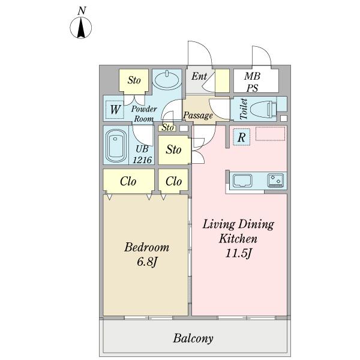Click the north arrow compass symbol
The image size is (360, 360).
pyautogui.click(x=80, y=28)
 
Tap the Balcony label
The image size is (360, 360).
pyautogui.click(x=193, y=338)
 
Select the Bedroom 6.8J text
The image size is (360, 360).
pyautogui.click(x=147, y=254)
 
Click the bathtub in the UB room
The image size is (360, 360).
pyautogui.click(x=116, y=146)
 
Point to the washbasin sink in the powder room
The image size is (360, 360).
pyautogui.click(x=167, y=80)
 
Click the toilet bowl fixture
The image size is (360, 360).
pyautogui.click(x=263, y=109)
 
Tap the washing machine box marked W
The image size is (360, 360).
pyautogui.click(x=115, y=110)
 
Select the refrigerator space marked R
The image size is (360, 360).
pyautogui.click(x=242, y=137)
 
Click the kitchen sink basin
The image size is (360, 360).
pyautogui.click(x=242, y=181)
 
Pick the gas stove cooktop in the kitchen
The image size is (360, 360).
pyautogui.click(x=275, y=180)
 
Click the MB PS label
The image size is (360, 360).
pyautogui.click(x=252, y=82)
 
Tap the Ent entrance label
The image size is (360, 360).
pyautogui.click(x=199, y=76)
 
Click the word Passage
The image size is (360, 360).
pyautogui.click(x=198, y=115)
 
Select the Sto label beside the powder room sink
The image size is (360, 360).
pyautogui.click(x=134, y=80)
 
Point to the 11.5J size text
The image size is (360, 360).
pyautogui.click(x=239, y=253)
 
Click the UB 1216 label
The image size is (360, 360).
pyautogui.click(x=142, y=155)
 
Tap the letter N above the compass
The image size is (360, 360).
pyautogui.click(x=82, y=11)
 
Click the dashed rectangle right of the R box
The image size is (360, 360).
pyautogui.click(x=270, y=134)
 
